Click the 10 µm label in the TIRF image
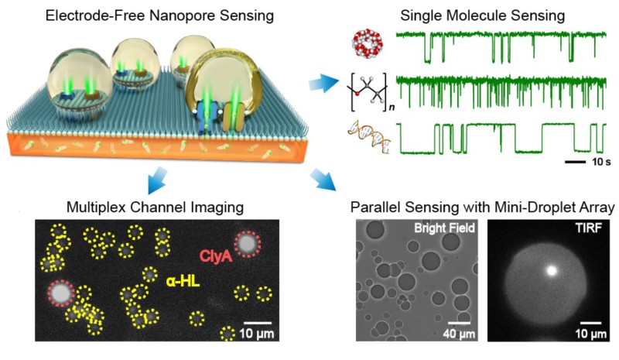point(591,333)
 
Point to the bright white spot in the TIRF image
point(552,271)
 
